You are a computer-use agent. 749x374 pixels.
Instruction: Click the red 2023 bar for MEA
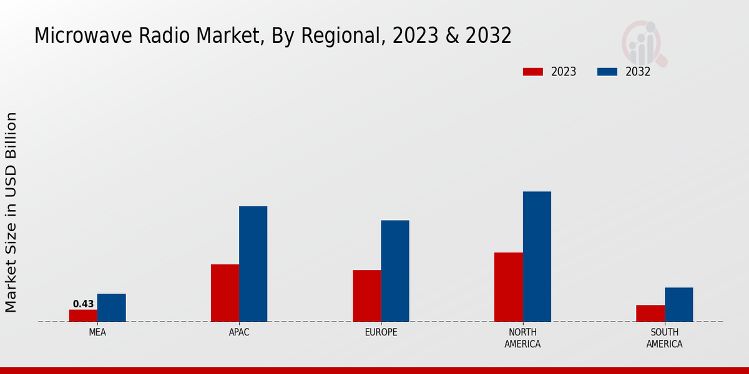coord(83,315)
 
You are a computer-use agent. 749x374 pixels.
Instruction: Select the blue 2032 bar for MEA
coord(111,308)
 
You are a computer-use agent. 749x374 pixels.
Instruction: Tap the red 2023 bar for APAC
coord(225,293)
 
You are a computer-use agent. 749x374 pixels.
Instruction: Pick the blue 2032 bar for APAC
coord(253,264)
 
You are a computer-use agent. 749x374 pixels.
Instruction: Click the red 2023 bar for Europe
coord(366,295)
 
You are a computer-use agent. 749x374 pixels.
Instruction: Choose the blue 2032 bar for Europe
coord(395,271)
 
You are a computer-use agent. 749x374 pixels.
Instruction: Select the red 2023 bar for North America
coord(509,287)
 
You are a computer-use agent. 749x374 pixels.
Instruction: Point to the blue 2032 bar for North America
coord(537,256)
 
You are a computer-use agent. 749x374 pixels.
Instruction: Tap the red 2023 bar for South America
coord(650,313)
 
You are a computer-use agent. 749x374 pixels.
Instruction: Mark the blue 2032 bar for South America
coord(678,304)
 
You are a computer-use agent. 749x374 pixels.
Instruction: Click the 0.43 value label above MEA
coord(83,304)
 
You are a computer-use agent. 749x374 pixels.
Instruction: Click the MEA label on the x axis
coord(97,332)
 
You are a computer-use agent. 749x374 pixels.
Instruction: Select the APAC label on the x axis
coord(239,332)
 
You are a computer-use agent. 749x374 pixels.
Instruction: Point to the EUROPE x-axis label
coord(381,332)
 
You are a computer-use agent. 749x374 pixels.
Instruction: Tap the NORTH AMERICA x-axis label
coord(522,338)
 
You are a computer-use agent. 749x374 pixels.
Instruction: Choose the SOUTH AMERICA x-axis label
coord(664,338)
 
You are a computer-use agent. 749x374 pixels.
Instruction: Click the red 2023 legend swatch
coord(532,72)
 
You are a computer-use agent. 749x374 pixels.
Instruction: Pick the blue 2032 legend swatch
coord(607,72)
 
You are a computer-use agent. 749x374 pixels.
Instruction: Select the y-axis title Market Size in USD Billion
coord(11,212)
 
